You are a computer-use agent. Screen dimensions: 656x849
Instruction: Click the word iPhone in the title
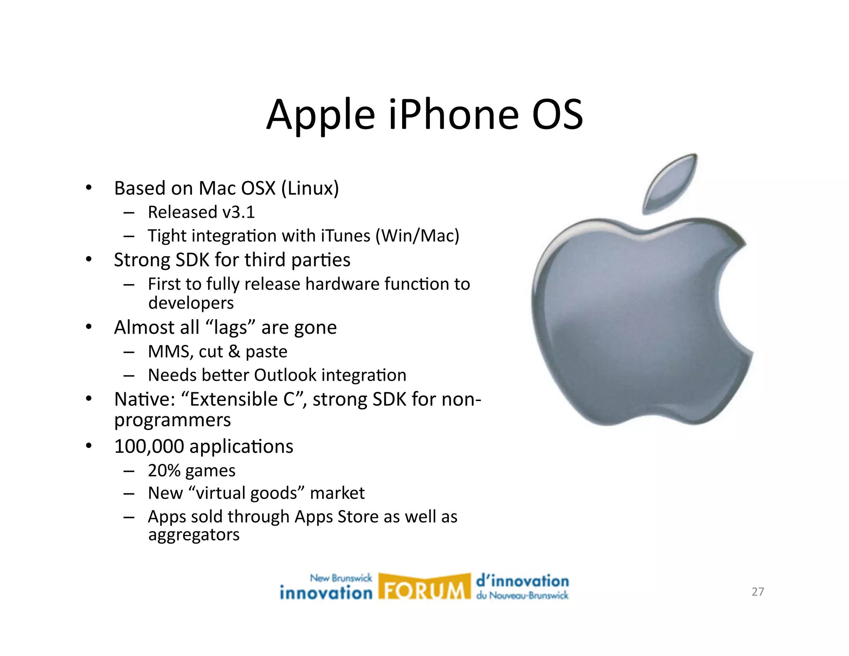(x=454, y=114)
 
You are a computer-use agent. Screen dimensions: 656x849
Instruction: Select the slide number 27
(x=757, y=592)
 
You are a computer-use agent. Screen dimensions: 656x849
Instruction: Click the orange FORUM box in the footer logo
(x=424, y=587)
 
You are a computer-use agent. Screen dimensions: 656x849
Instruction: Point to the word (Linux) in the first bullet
(x=310, y=188)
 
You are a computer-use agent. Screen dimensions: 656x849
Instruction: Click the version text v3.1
(x=239, y=212)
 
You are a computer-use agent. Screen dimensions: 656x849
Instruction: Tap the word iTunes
(x=345, y=236)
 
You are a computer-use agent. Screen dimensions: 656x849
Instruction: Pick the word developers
(x=191, y=303)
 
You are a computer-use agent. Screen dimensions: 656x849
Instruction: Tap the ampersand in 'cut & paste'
(x=234, y=352)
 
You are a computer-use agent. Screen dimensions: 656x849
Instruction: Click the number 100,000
(x=149, y=447)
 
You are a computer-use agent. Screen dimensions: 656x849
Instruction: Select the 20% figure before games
(x=164, y=471)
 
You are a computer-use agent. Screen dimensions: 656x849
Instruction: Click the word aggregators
(x=194, y=535)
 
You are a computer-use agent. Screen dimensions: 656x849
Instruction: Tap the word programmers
(x=172, y=420)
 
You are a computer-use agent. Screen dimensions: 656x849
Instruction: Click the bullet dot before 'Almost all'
(x=89, y=327)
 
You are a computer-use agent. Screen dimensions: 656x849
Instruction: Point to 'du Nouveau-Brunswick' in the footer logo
(x=522, y=595)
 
